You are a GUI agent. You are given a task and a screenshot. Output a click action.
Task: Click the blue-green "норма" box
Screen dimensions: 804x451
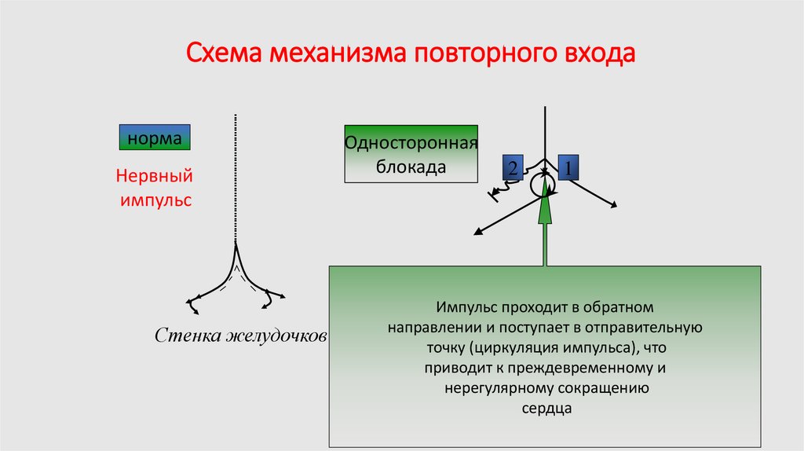tap(155, 138)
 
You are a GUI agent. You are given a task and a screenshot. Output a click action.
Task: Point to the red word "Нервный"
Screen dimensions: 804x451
tap(154, 176)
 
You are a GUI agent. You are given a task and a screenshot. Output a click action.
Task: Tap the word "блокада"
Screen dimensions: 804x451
tap(411, 167)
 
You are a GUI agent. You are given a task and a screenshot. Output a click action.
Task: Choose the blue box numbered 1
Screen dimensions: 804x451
tap(568, 167)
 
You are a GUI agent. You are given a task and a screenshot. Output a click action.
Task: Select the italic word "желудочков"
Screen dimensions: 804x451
tap(276, 337)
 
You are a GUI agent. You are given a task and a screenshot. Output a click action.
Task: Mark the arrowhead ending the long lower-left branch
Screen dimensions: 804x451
tap(476, 232)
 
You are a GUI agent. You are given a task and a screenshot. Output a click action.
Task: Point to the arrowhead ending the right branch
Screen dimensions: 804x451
tap(613, 206)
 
